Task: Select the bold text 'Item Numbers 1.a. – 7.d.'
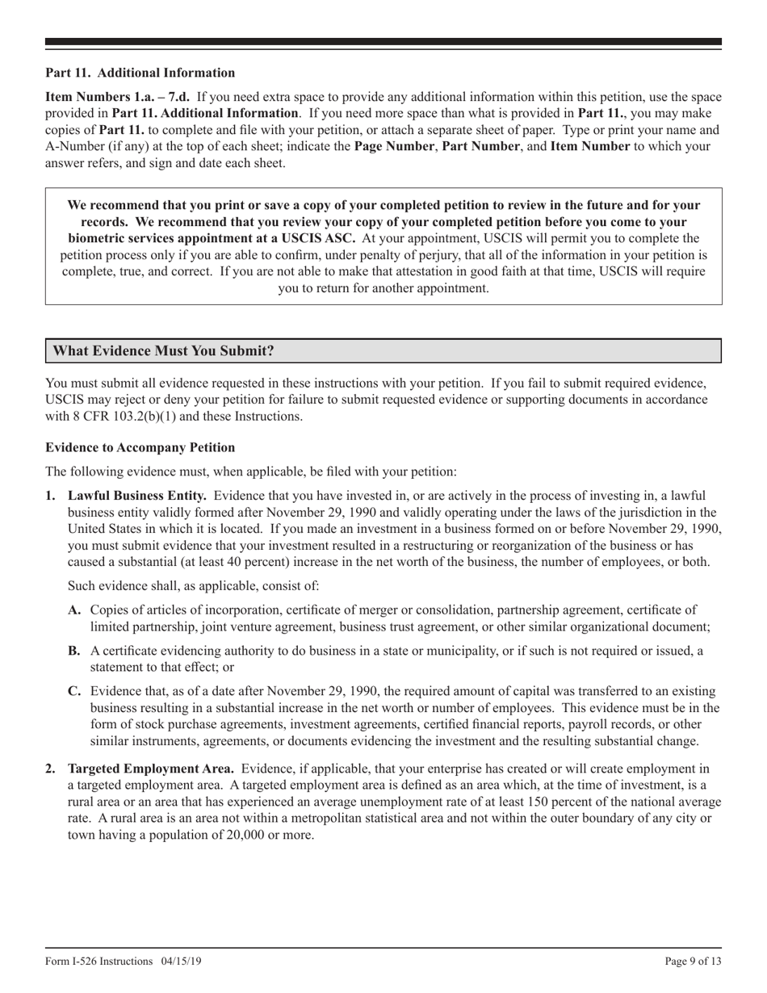click(118, 97)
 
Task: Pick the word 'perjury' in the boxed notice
click(476, 255)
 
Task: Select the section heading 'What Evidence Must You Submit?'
click(163, 351)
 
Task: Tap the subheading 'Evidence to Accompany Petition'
click(140, 448)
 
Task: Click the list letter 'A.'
click(75, 610)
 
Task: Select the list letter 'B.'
click(74, 652)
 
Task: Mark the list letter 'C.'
click(74, 691)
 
